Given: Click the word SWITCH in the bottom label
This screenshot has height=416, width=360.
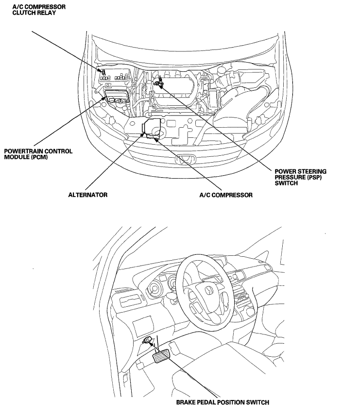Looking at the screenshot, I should [x=256, y=402].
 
